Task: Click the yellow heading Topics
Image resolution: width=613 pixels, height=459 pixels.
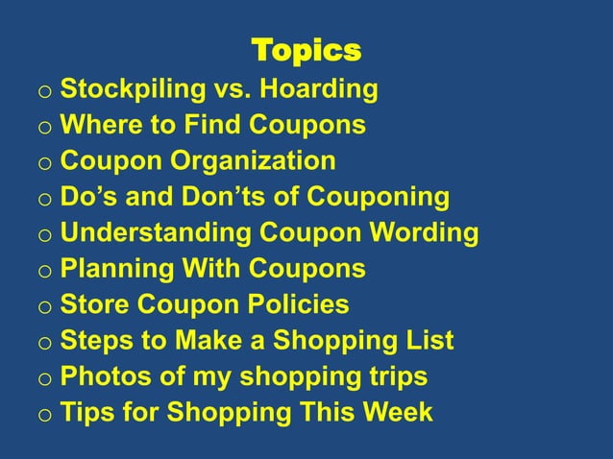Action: point(306,49)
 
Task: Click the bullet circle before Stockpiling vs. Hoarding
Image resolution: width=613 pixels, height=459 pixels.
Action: point(44,93)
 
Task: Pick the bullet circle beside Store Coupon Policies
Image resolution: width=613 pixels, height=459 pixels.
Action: point(44,308)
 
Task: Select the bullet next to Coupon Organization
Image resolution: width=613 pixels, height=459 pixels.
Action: point(44,164)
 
